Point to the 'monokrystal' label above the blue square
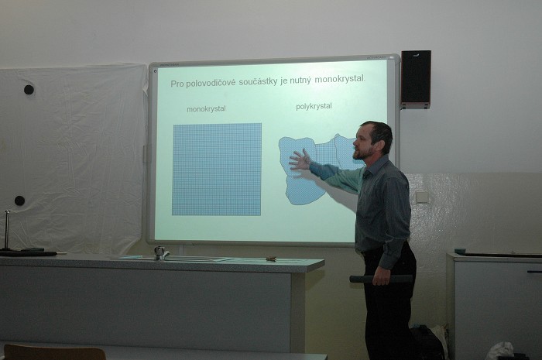coord(206,109)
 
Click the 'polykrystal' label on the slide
coord(314,106)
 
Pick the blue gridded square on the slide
coord(217,170)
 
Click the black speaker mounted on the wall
coord(416,79)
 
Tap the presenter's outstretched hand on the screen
coord(300,160)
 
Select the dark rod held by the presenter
coord(381,279)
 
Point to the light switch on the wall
coord(421,197)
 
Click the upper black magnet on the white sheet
coord(29,90)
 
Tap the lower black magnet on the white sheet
coord(19,201)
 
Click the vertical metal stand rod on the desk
coord(7,229)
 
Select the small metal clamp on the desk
coord(160,253)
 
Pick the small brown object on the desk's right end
coord(271,259)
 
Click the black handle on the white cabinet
coord(534,272)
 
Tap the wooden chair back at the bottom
coord(54,352)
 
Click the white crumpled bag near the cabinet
coord(499,351)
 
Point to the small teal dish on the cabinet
coord(460,251)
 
